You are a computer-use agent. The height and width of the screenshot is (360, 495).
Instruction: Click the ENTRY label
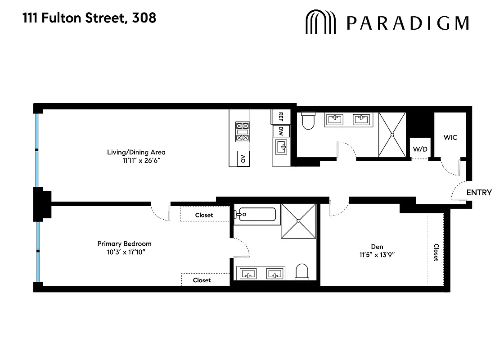click(479, 193)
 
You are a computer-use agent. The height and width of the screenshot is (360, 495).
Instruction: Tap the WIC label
click(450, 137)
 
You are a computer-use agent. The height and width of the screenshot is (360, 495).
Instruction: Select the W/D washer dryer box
click(419, 148)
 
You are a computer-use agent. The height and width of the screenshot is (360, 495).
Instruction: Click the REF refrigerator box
click(280, 117)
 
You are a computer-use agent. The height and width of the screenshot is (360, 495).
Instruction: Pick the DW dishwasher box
click(281, 131)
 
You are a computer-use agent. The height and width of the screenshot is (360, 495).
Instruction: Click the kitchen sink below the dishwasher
click(281, 147)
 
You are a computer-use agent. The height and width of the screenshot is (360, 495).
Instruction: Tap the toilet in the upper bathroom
click(308, 121)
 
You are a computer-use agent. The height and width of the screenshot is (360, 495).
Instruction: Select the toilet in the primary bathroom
click(301, 271)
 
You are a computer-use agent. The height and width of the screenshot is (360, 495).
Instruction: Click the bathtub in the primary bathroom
click(255, 214)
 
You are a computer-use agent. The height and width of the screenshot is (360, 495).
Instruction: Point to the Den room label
click(377, 246)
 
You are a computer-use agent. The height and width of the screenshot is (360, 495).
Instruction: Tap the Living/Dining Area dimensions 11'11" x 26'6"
click(139, 160)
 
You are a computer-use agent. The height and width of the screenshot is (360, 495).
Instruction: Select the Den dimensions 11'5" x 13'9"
click(377, 254)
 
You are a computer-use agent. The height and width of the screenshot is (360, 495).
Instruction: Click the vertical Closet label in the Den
click(436, 252)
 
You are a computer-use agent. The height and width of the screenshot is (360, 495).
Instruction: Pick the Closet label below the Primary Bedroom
click(202, 280)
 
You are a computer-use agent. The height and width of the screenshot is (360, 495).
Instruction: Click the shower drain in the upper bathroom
click(392, 134)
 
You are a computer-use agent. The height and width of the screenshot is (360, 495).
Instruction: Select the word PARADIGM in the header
click(408, 22)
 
